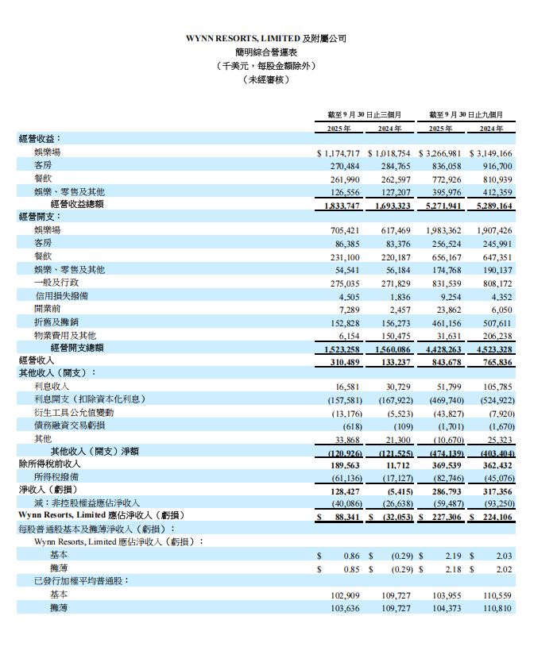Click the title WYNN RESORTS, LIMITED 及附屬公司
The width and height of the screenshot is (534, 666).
coord(266,38)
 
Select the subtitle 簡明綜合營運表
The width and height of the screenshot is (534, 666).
coord(266,52)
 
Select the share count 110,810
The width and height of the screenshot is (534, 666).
coord(496,607)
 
